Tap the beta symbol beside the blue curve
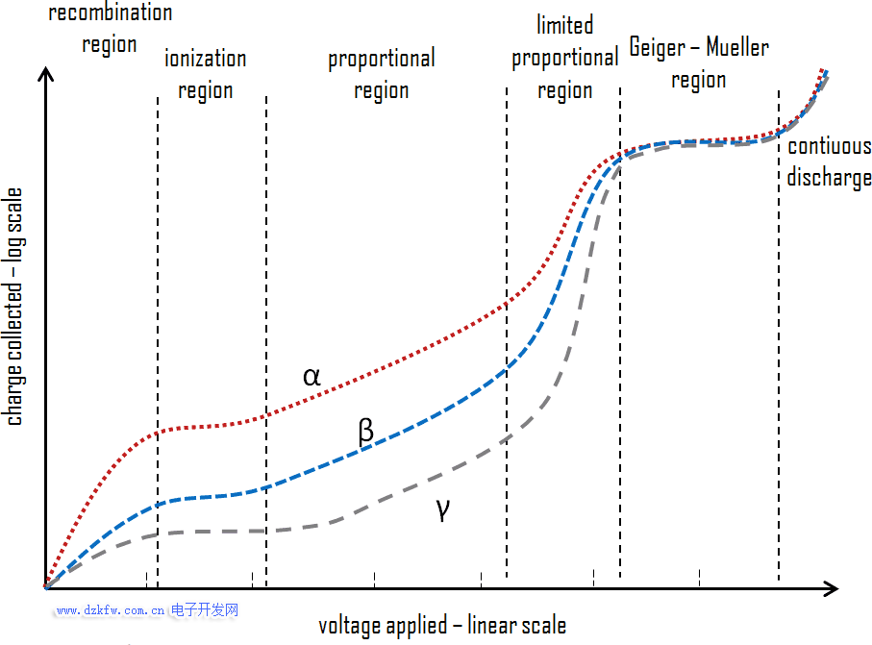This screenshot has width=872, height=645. click(x=365, y=431)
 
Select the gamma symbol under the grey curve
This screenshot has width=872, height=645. click(x=442, y=509)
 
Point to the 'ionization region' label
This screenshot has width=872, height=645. click(x=205, y=74)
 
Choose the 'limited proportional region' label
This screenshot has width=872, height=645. click(x=564, y=58)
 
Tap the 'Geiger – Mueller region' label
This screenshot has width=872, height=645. click(x=699, y=62)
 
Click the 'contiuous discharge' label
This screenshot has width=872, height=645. click(x=829, y=161)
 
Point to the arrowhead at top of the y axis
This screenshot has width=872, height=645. click(x=45, y=74)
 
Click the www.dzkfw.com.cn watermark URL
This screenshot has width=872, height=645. click(x=111, y=610)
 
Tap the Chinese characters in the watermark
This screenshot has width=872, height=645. click(x=204, y=610)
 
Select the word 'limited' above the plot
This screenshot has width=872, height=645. click(x=565, y=25)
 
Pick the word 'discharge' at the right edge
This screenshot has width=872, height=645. click(x=829, y=177)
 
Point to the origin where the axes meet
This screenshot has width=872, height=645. click(x=45, y=587)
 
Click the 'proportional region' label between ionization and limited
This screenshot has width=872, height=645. click(x=382, y=74)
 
